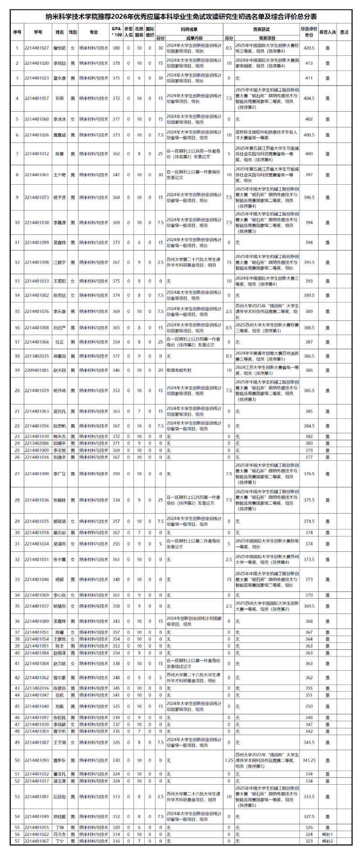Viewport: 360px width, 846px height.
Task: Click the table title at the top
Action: [180, 17]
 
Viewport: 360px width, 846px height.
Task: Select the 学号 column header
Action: [38, 32]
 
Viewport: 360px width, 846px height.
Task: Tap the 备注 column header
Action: [344, 32]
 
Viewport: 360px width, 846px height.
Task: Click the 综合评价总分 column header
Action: [309, 32]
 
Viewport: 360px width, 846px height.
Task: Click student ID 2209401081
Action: [37, 370]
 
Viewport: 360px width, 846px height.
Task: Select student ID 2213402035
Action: [37, 356]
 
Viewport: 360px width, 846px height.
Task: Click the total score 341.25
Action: [309, 760]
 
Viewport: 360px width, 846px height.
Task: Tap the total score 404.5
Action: [309, 98]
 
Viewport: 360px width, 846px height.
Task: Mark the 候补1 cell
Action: [328, 834]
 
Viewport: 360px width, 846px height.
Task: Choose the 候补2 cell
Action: [328, 841]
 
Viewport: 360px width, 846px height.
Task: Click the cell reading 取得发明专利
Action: [179, 370]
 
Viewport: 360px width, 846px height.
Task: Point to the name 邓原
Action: [59, 98]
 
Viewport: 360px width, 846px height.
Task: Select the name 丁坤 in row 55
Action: [59, 828]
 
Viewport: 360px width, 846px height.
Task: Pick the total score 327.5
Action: [309, 816]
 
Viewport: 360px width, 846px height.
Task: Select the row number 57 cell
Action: [17, 841]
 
